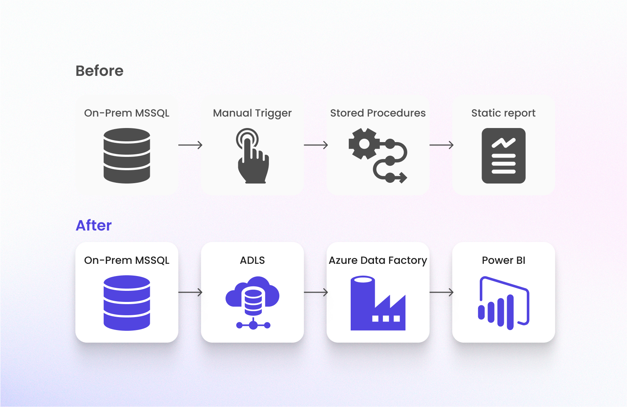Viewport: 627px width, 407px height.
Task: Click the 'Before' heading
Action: [x=100, y=71]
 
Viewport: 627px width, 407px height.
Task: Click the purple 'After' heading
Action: [x=94, y=225]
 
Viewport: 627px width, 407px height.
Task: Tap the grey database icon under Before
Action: [x=127, y=155]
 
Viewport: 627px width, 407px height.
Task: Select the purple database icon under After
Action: [x=127, y=303]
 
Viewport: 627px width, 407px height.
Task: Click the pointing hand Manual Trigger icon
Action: [x=253, y=156]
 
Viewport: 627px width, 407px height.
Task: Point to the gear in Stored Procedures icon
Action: [x=364, y=144]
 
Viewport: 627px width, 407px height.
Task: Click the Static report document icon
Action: [x=503, y=156]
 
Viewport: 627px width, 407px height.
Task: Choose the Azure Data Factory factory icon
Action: [x=378, y=303]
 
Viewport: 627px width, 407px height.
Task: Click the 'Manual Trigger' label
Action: [x=252, y=113]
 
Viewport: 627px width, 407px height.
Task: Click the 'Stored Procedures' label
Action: [x=378, y=113]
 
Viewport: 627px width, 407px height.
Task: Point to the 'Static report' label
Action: [x=503, y=113]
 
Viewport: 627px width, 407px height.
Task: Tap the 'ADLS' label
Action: [x=252, y=260]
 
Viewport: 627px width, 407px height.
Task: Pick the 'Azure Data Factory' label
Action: [x=378, y=260]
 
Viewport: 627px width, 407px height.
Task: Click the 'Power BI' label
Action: [x=503, y=260]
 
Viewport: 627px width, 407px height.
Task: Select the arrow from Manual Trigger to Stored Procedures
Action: [x=316, y=145]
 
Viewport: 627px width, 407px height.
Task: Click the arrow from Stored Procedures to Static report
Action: [x=441, y=145]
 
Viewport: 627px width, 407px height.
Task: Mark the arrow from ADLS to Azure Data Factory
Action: [x=316, y=292]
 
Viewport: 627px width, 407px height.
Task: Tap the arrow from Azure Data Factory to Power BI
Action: [x=441, y=292]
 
